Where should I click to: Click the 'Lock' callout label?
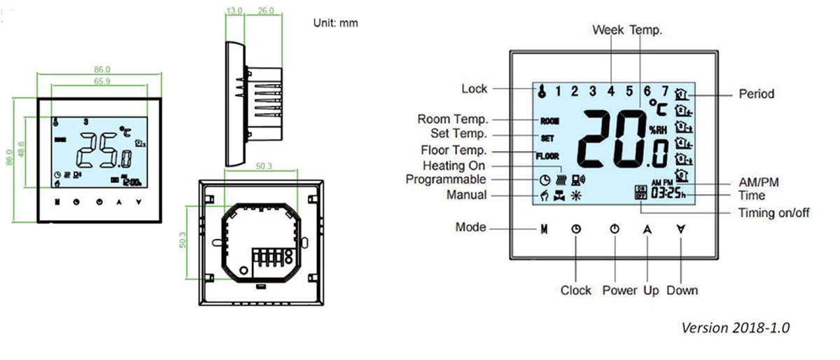point(474,89)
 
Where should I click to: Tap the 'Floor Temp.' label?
point(454,151)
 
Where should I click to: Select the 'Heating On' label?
point(454,166)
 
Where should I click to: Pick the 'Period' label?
point(757,94)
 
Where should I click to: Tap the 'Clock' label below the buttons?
point(575,290)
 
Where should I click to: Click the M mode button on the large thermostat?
point(543,229)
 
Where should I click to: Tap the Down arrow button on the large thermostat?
point(680,229)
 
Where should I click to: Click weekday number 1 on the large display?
point(559,90)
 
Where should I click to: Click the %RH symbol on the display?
point(657,129)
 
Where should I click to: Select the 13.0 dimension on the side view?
point(234,11)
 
